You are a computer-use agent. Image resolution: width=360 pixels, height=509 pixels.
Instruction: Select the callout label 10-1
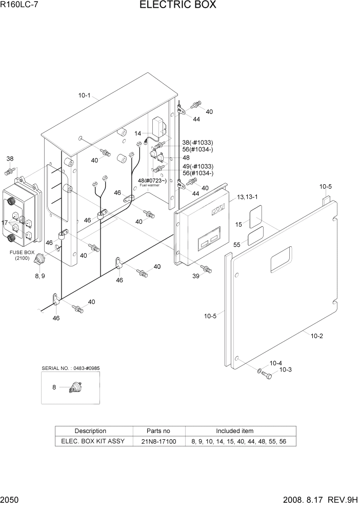coord(84,95)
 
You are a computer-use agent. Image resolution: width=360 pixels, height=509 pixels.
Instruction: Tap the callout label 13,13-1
coord(248,198)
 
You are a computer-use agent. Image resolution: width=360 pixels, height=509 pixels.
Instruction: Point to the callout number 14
coord(138,133)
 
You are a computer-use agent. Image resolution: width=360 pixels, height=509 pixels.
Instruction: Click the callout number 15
coord(238,224)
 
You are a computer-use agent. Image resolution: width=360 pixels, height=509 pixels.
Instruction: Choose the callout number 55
coord(237,245)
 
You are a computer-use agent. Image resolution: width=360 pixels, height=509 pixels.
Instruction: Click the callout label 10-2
coord(316,336)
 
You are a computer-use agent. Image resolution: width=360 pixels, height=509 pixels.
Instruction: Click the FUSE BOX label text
coord(22,252)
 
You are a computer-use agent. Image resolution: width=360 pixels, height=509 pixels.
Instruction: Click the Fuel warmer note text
coord(149,185)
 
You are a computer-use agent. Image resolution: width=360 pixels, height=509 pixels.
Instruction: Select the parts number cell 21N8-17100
coord(159,441)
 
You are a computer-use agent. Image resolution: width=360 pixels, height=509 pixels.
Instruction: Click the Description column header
coord(90,431)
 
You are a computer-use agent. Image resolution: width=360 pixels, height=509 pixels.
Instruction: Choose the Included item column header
coord(234,431)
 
